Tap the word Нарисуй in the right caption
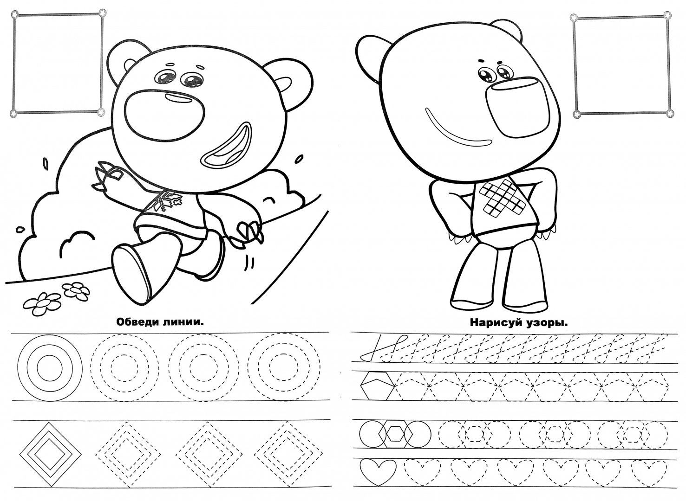point(494,323)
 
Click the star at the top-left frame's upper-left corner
point(14,14)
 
